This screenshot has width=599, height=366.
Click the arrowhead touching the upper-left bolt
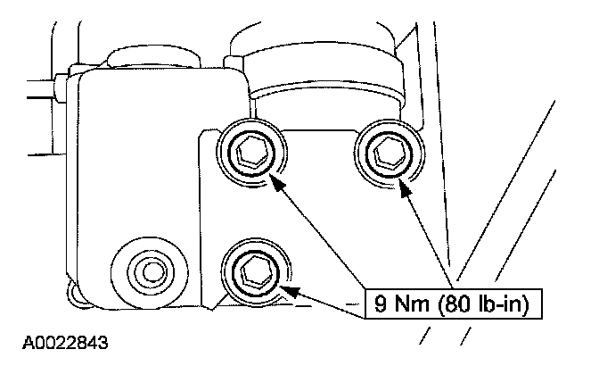click(x=277, y=183)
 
